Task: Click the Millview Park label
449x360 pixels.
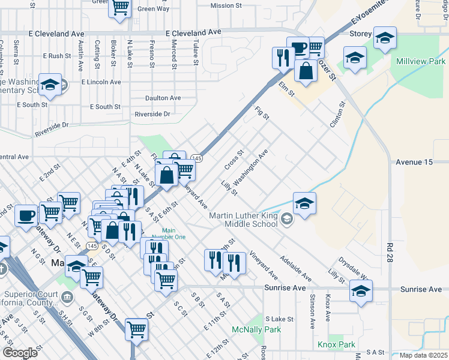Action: click(420, 62)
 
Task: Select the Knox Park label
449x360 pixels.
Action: click(336, 345)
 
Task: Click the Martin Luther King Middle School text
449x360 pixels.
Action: click(243, 221)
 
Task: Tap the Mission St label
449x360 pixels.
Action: click(226, 6)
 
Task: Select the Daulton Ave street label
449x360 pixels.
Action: click(163, 98)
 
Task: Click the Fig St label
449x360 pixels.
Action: click(262, 112)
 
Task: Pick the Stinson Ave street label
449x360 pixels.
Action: click(313, 311)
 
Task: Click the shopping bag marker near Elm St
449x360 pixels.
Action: click(306, 70)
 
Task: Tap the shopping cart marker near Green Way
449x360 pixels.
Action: click(119, 8)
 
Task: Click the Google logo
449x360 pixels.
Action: click(20, 353)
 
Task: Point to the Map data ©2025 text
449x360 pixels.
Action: click(423, 355)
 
